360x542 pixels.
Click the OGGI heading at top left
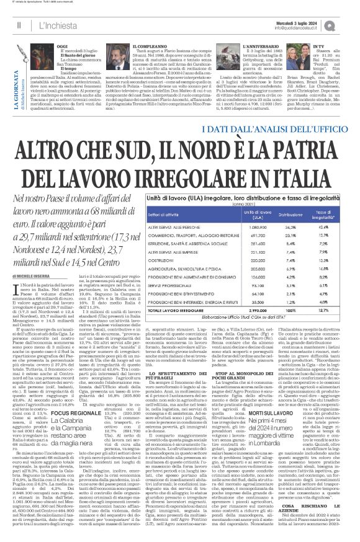[62, 46]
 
